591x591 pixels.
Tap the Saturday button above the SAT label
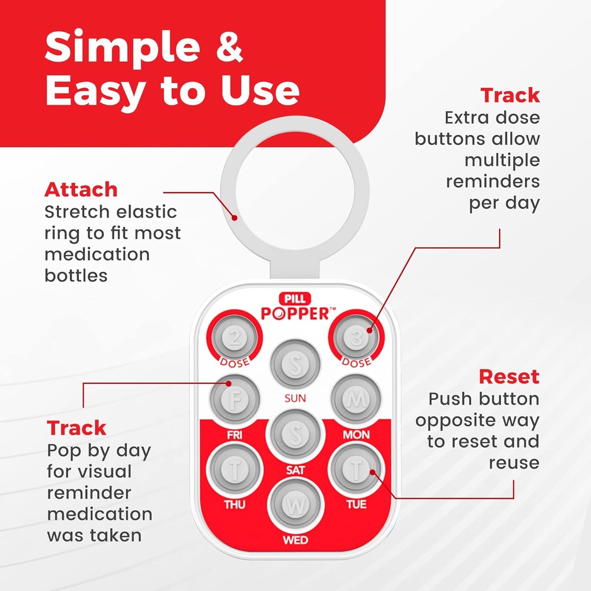click(x=295, y=435)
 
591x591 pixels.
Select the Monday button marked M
click(x=356, y=400)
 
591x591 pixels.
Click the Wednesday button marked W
click(x=295, y=506)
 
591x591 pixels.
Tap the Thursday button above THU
click(x=235, y=470)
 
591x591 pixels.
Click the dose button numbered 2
click(x=235, y=338)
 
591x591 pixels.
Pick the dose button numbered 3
click(x=356, y=338)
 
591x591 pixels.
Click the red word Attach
click(x=81, y=189)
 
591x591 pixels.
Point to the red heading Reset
click(x=509, y=377)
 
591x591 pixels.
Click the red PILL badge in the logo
click(x=295, y=299)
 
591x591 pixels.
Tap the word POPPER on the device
click(x=295, y=313)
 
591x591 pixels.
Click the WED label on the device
click(x=295, y=541)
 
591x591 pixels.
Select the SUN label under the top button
click(x=295, y=398)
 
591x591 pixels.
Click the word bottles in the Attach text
click(x=76, y=275)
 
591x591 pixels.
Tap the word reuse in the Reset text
click(x=514, y=462)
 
